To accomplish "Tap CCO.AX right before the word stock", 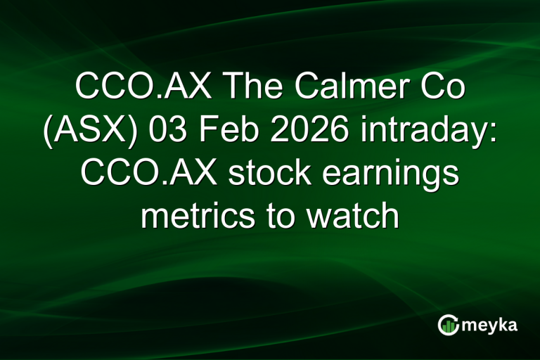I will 148,174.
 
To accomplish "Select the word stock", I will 264,174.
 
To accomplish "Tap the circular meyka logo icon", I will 448,325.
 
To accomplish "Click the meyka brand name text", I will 490,326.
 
